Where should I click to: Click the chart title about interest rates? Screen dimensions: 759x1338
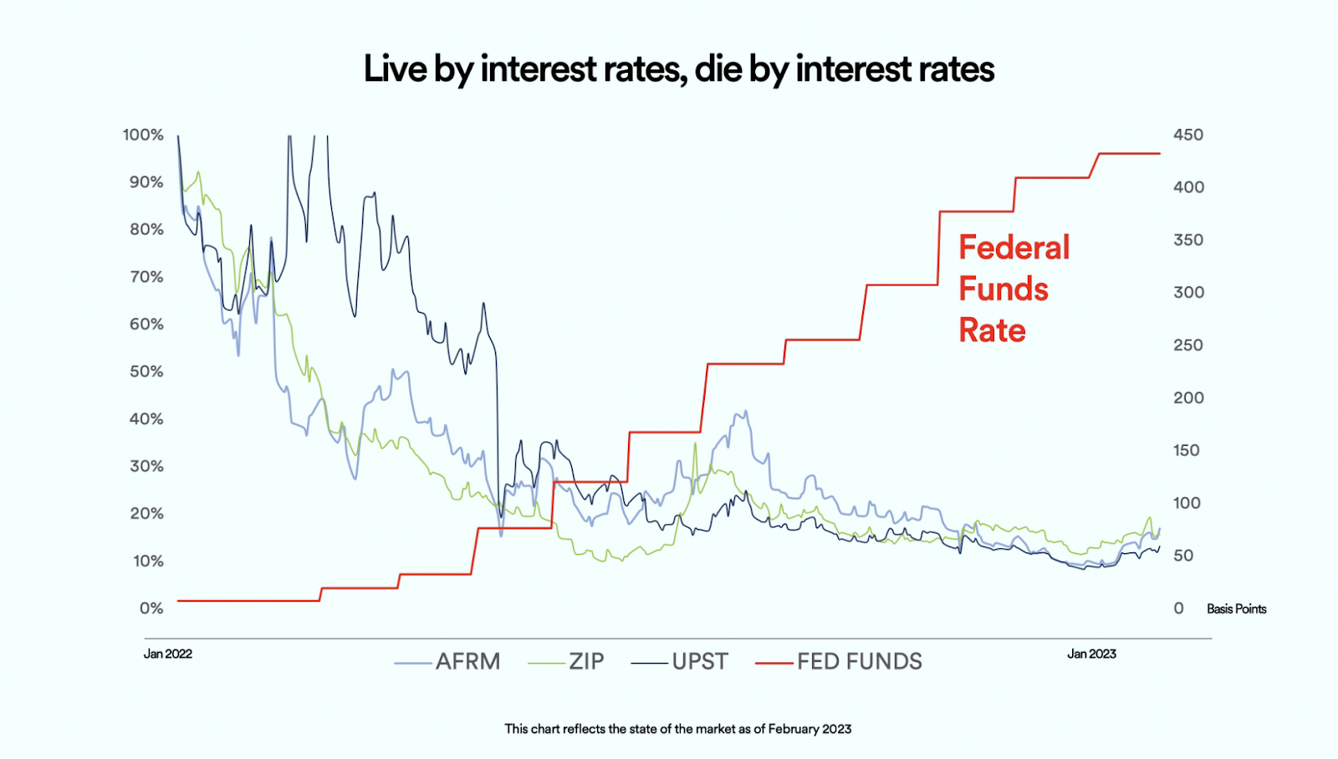(678, 69)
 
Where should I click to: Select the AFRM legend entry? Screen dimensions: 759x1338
(467, 662)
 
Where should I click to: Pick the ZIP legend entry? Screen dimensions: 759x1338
(586, 662)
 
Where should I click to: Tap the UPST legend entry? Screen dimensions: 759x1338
(700, 662)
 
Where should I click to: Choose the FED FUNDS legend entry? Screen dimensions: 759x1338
(859, 662)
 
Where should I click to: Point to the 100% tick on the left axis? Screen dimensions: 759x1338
(143, 135)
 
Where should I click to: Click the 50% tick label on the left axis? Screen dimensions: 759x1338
(146, 372)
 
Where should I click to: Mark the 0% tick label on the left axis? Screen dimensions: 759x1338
(151, 608)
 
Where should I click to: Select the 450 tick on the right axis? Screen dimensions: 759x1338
(1188, 135)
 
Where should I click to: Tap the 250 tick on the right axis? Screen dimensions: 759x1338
(1188, 345)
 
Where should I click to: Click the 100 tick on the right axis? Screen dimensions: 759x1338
(1187, 503)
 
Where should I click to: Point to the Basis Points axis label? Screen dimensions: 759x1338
(1236, 609)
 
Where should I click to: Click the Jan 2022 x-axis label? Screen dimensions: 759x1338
(168, 654)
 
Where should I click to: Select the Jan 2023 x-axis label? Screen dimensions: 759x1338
(1091, 654)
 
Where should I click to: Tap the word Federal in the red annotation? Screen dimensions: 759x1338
(1014, 248)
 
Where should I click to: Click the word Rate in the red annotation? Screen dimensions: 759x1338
(992, 331)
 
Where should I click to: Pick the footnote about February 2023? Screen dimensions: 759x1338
(678, 729)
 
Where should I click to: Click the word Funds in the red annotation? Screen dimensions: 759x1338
(1004, 289)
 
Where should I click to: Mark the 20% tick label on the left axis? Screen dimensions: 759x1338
(146, 514)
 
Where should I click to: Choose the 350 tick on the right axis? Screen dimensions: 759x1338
(1188, 240)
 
